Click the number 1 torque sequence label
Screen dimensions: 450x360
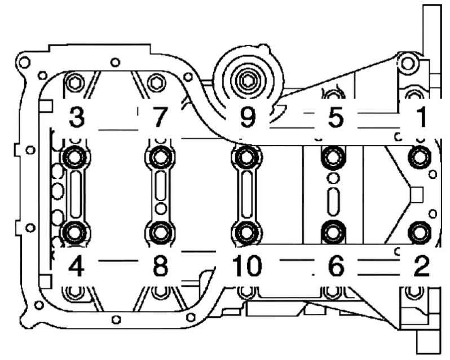coord(422,117)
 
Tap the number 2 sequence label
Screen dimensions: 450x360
coord(421,266)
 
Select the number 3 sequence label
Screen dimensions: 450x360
coord(77,117)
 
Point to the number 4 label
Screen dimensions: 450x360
coord(76,266)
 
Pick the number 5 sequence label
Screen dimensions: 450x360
coord(336,117)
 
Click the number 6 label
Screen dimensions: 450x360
coord(336,266)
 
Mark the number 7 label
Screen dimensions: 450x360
coord(158,117)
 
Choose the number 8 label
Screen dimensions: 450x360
coord(161,266)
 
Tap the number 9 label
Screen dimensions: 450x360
coord(248,117)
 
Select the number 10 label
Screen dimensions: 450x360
coord(247,266)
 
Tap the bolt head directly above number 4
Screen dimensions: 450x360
coord(75,232)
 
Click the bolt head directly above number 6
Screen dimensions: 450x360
coord(333,232)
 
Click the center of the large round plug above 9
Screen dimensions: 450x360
coord(247,81)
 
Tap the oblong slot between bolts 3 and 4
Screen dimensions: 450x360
coord(76,195)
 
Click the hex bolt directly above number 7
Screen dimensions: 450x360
coord(156,83)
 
